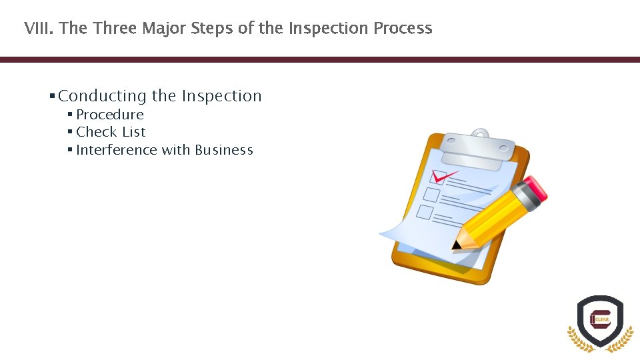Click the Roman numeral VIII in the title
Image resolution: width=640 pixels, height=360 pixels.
click(x=39, y=28)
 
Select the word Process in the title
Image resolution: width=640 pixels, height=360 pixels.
click(x=403, y=28)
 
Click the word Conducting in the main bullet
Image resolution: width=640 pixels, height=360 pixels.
click(x=102, y=96)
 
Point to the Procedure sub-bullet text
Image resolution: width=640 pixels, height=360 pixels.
click(x=110, y=115)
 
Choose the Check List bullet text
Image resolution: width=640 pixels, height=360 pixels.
click(x=111, y=132)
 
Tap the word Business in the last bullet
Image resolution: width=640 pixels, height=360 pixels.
click(x=224, y=150)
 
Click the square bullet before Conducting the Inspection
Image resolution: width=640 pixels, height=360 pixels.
click(x=52, y=96)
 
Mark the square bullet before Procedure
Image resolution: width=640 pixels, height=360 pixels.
click(x=70, y=114)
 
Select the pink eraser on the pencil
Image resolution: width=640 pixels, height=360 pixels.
click(x=535, y=188)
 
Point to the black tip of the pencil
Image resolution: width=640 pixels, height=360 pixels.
click(x=455, y=245)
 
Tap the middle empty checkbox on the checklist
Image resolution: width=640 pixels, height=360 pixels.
click(x=431, y=195)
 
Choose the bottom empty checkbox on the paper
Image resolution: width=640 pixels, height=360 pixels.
click(x=425, y=212)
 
